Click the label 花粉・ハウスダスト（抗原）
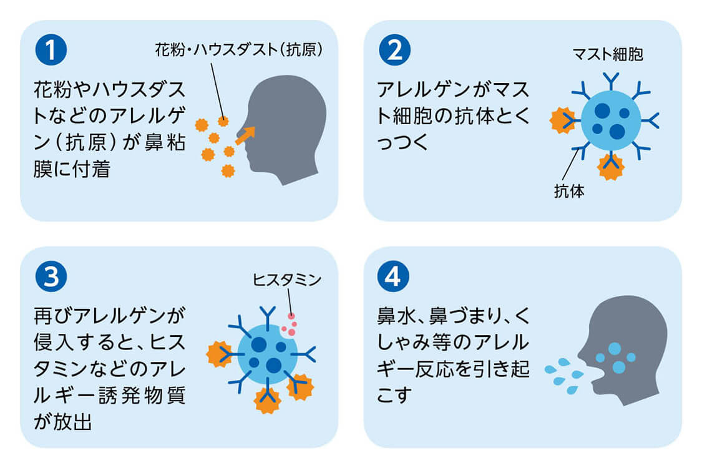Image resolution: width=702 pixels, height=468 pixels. click(239, 51)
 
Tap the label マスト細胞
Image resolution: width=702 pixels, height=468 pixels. click(607, 55)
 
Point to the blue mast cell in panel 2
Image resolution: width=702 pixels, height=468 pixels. click(610, 120)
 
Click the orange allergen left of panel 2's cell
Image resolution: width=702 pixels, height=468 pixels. click(562, 120)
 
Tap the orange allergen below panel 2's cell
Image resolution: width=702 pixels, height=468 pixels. click(610, 166)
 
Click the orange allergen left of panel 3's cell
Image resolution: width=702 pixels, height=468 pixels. click(220, 354)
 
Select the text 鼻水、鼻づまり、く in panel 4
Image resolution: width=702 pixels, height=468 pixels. click(454, 315)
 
